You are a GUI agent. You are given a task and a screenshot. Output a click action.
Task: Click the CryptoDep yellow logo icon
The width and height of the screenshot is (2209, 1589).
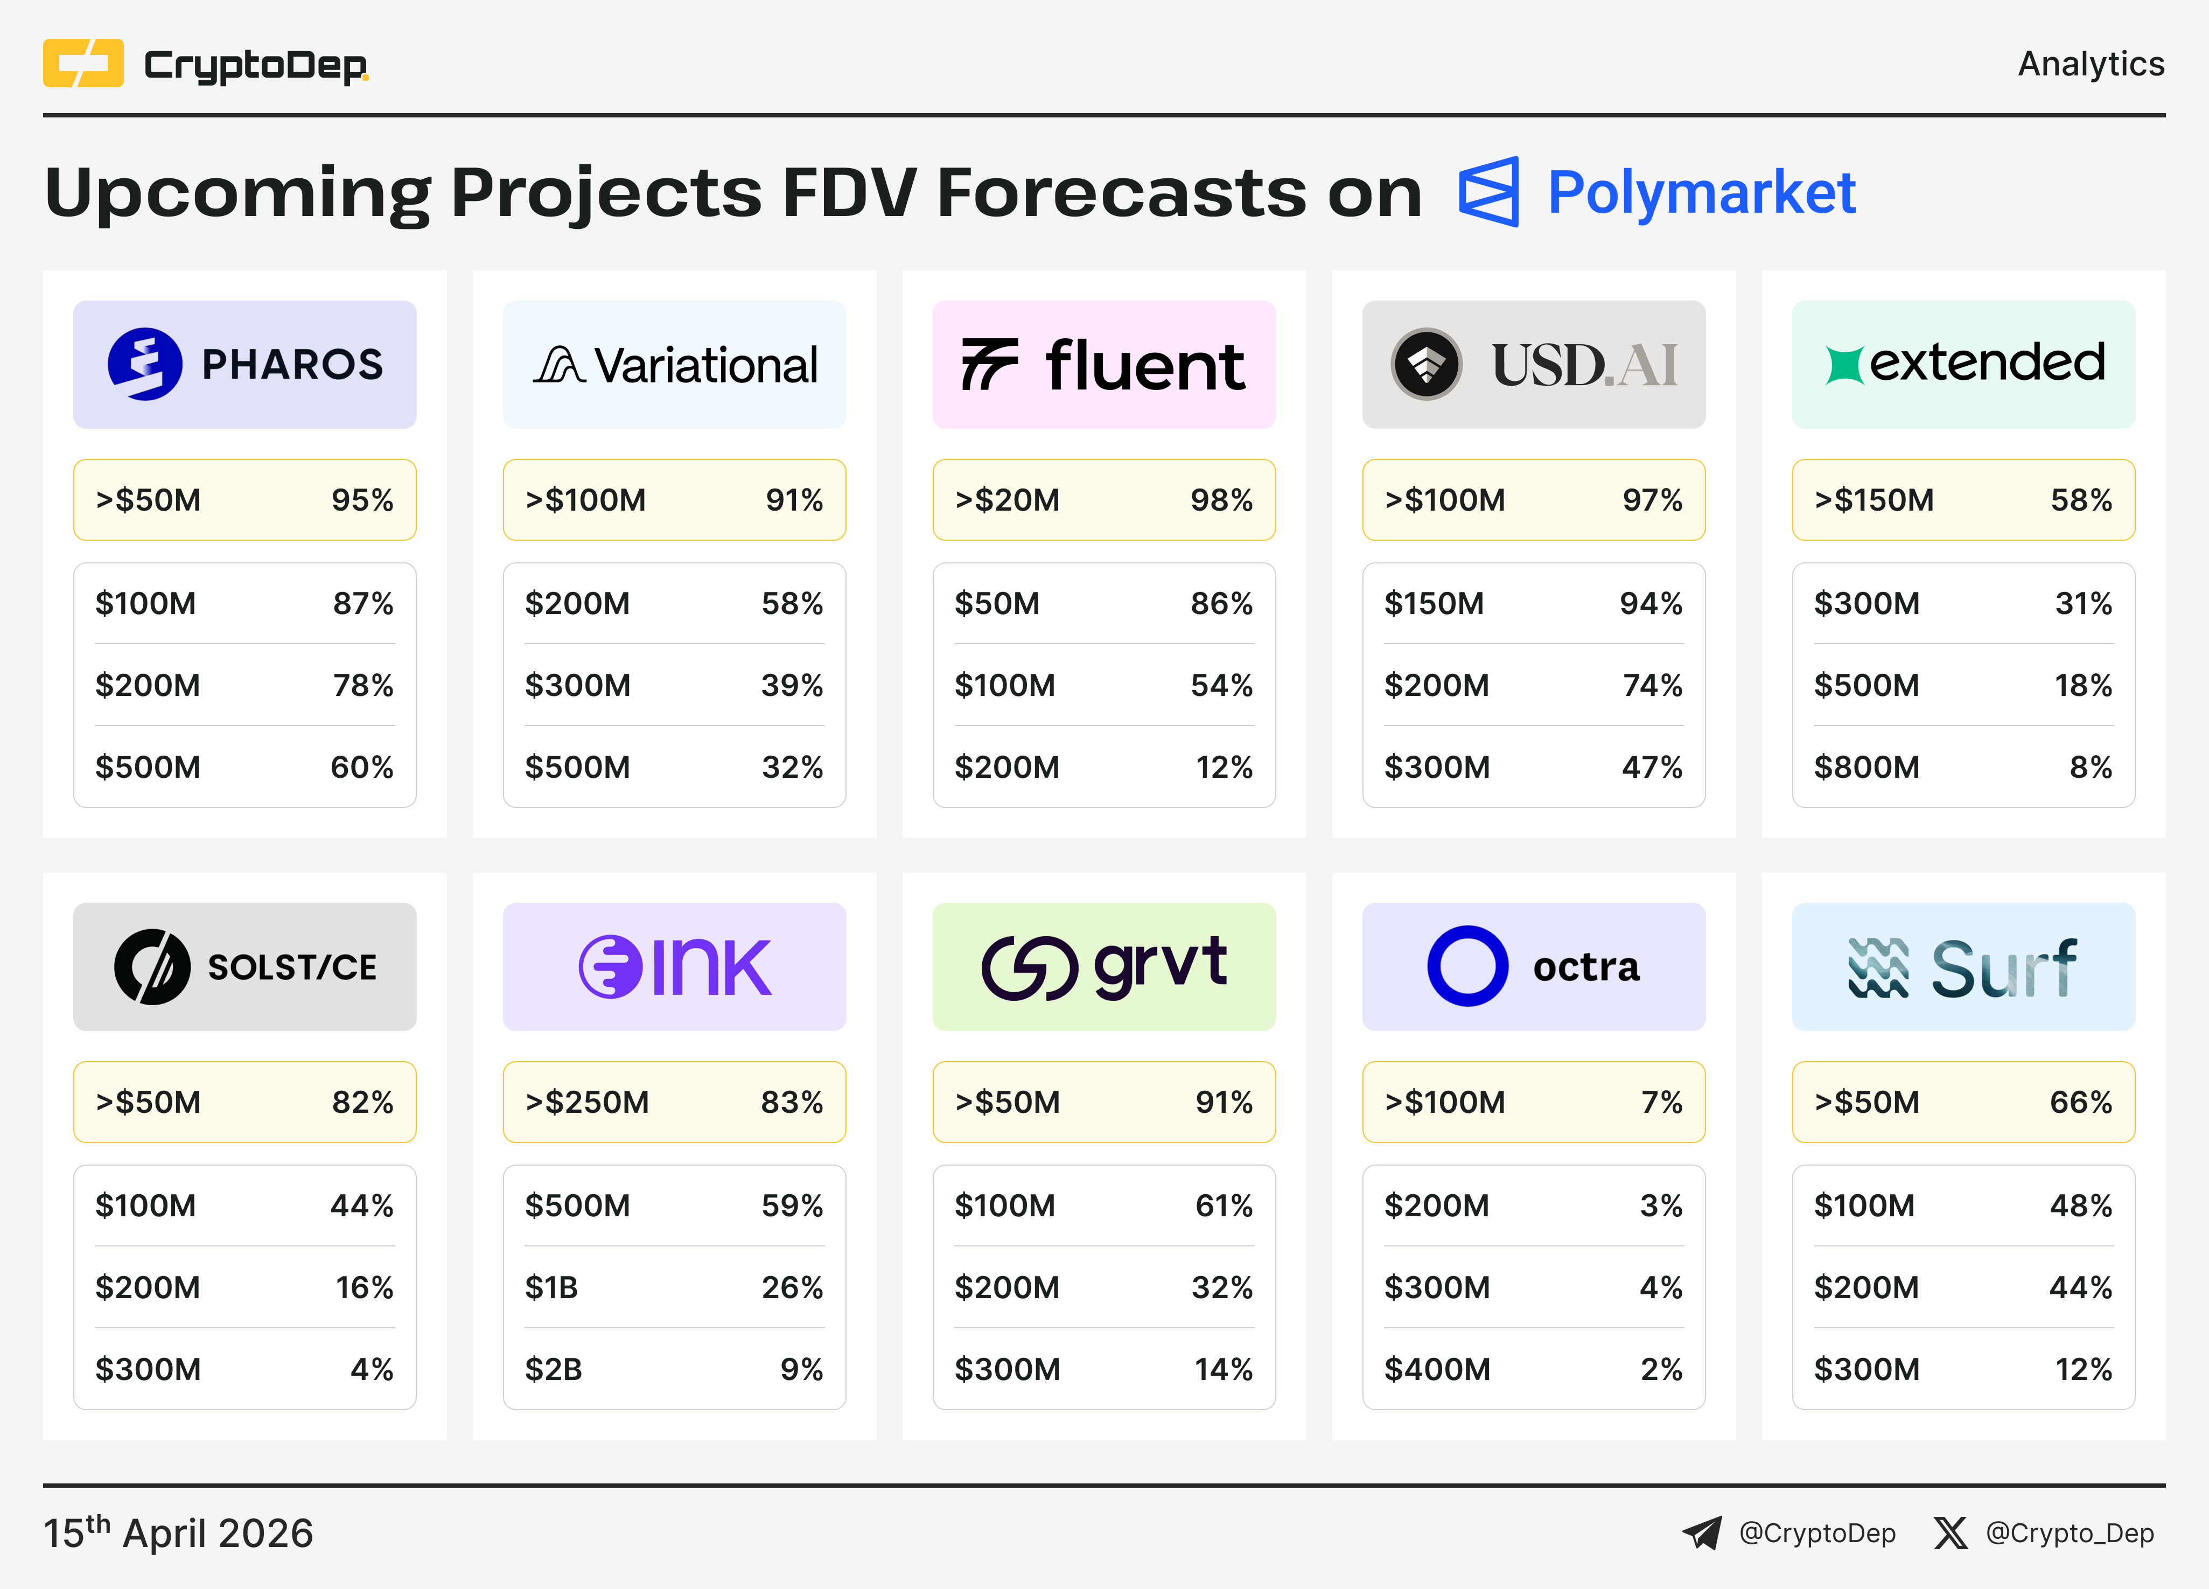coord(83,64)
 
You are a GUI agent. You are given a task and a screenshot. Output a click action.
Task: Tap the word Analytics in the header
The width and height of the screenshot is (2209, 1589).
coord(2090,64)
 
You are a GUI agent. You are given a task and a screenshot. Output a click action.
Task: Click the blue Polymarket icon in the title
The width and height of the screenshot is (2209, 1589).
coord(1488,192)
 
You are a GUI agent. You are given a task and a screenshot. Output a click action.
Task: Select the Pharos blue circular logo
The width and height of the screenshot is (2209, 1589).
coord(144,364)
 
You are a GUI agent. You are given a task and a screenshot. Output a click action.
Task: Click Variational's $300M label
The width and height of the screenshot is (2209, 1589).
coord(578,685)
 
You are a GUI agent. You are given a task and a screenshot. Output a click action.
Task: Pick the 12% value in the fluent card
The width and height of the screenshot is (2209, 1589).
coord(1224,766)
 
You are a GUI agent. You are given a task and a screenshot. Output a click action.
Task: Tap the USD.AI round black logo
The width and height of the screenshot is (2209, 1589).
coord(1426,364)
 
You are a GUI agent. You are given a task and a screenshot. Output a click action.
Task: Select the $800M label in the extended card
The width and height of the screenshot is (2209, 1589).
coord(1866,766)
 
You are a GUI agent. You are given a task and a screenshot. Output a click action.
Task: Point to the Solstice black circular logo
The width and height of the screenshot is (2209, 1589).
coord(152,966)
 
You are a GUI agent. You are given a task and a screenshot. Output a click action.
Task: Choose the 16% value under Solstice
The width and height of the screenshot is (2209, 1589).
coord(364,1287)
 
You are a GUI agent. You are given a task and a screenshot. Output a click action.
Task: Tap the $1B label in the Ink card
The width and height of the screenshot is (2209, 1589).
coord(551,1287)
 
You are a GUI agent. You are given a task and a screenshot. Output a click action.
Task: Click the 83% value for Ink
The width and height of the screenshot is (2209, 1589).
coord(792,1102)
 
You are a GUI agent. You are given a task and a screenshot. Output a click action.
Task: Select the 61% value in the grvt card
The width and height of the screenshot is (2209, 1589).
coord(1224,1205)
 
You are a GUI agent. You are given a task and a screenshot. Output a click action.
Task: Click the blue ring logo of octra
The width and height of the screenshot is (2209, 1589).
coord(1467,965)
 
